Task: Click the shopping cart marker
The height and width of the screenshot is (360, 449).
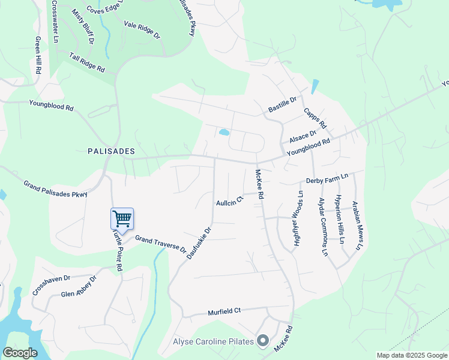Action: pos(122,219)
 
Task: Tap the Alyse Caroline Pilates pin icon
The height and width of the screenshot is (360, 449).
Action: pos(263,341)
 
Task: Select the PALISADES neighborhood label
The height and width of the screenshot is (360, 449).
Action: pos(110,151)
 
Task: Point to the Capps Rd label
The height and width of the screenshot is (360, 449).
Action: pos(315,118)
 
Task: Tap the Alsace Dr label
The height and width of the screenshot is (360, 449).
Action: pos(303,137)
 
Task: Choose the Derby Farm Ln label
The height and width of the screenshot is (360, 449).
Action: pos(327,179)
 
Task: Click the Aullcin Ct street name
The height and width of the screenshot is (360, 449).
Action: pos(229,200)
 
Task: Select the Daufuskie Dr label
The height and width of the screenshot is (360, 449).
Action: pos(199,242)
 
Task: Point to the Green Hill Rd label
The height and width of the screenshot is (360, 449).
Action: pos(38,55)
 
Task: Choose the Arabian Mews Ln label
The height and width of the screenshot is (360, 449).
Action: pos(358,225)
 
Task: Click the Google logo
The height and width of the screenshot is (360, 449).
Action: pos(20,353)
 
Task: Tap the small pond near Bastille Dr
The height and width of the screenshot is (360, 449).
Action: pos(224,132)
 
